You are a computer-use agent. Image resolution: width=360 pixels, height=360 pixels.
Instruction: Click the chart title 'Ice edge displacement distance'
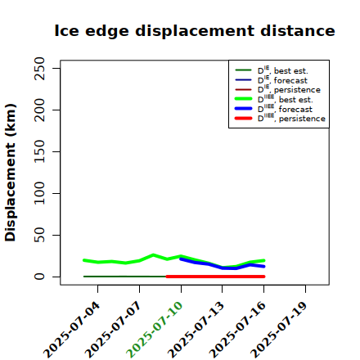[x=195, y=31]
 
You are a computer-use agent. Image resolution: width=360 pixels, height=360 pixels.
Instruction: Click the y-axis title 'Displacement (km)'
[x=11, y=173]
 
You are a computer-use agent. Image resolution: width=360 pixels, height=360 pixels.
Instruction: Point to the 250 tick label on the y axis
[x=39, y=69]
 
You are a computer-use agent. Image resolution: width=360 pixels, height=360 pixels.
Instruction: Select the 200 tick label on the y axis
[x=39, y=110]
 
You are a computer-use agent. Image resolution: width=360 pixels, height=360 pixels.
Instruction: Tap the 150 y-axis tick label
[x=39, y=151]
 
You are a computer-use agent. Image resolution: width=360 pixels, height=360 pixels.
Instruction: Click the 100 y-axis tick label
[x=39, y=193]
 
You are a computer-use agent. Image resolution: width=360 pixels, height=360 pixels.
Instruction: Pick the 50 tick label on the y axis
[x=39, y=235]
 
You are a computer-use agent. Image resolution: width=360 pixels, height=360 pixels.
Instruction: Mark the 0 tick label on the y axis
[x=39, y=277]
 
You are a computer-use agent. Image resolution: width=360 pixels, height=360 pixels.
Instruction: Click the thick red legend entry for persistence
[x=280, y=119]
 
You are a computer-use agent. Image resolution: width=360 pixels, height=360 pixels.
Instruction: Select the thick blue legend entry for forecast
[x=273, y=109]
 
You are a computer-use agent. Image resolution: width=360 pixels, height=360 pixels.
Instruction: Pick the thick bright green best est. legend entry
[x=274, y=99]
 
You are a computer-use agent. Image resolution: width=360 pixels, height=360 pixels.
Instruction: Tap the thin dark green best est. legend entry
[x=272, y=70]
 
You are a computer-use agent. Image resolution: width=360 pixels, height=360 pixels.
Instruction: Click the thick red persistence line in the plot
[x=215, y=277]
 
